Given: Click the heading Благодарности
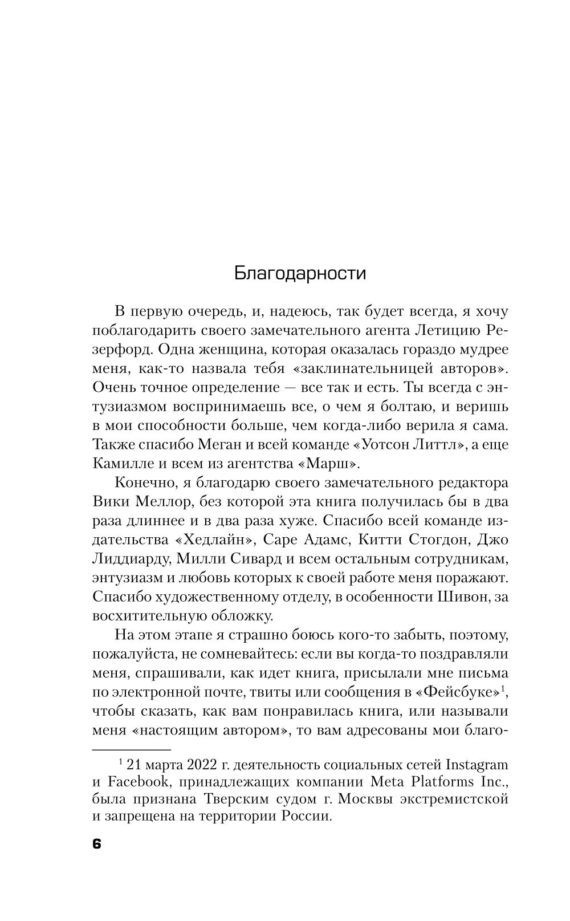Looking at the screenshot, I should click(x=300, y=273).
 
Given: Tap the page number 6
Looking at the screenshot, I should click(x=96, y=844).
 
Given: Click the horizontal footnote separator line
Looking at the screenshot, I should click(x=132, y=749).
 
